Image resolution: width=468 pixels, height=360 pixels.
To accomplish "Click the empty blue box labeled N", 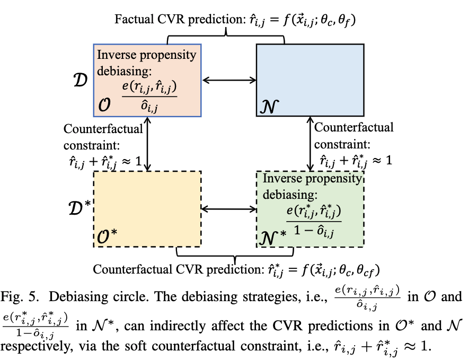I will click(310, 80).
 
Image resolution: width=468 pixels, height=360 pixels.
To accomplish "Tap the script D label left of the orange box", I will click(80, 81).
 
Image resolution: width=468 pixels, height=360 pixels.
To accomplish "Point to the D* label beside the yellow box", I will click(81, 207).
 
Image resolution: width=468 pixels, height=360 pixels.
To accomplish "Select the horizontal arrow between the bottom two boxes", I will click(228, 209).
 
